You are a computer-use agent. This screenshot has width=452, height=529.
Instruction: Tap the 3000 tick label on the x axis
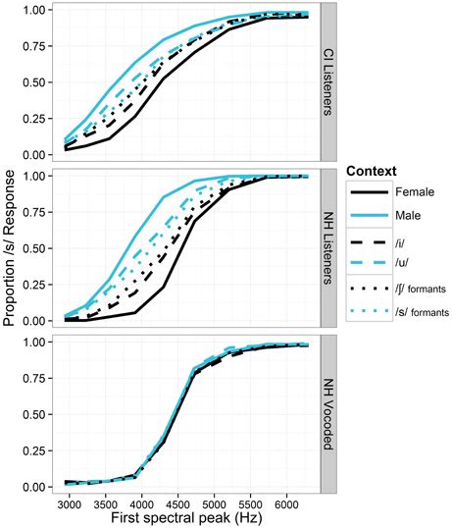69,502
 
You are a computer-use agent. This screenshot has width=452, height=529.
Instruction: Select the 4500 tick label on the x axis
166,502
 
